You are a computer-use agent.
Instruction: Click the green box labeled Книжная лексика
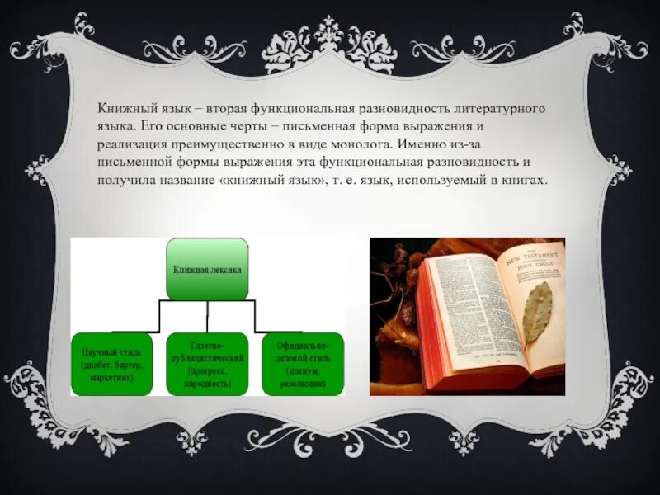point(207,268)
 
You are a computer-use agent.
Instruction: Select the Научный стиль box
point(112,363)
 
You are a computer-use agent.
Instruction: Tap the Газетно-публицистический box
point(207,363)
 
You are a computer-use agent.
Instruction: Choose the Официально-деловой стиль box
point(303,363)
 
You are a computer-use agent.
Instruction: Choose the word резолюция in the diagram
point(303,384)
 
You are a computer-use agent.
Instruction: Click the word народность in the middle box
point(208,384)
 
